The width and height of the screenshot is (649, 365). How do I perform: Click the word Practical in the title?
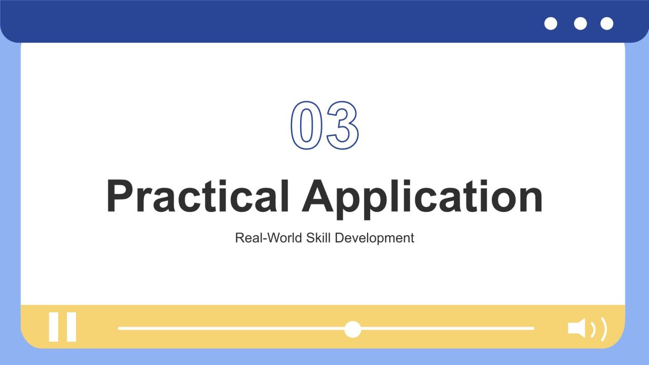click(198, 196)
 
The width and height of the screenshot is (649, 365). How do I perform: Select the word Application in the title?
click(422, 199)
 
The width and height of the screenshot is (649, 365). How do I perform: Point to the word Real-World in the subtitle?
click(269, 238)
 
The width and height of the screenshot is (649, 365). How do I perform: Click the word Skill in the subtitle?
click(318, 238)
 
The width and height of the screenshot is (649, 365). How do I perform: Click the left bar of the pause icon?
click(54, 327)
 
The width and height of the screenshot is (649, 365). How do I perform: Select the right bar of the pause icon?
click(71, 327)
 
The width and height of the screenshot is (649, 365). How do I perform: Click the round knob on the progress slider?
click(352, 329)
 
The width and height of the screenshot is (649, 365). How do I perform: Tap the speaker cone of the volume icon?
click(576, 328)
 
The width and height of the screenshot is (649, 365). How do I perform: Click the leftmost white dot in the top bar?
click(551, 23)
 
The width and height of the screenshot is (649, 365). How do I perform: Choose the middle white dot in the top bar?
click(581, 23)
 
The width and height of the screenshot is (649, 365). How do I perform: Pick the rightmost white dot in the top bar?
click(607, 23)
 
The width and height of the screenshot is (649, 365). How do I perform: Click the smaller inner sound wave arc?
click(593, 330)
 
